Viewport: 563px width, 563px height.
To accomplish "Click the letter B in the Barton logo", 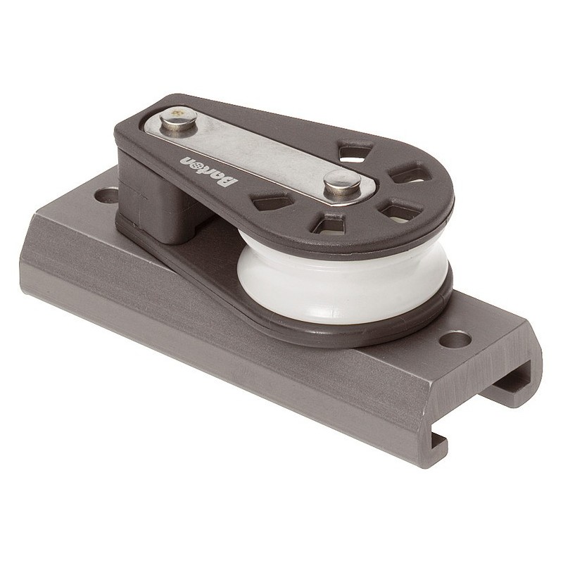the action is [230, 182].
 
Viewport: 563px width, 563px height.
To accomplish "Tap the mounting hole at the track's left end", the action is [107, 195].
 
